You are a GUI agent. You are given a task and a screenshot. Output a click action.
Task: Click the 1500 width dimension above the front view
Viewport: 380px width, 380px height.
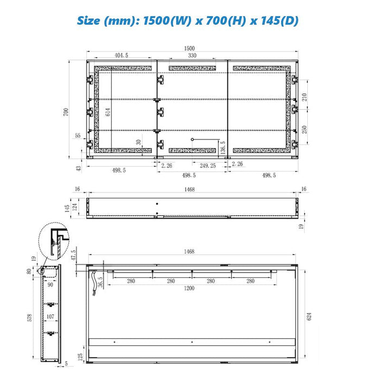point(189,48)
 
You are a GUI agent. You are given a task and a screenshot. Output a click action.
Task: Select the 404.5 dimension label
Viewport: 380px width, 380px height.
point(121,55)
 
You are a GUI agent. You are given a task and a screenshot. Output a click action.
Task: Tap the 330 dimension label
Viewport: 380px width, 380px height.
point(192,55)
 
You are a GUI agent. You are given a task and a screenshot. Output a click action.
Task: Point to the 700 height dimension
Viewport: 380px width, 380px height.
point(66,112)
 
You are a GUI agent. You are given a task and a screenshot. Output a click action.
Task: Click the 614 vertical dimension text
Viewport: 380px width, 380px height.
point(108,112)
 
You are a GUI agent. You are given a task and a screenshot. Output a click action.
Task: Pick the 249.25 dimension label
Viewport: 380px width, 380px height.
point(208,166)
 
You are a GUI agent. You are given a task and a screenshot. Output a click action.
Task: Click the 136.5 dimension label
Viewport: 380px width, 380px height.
point(223,148)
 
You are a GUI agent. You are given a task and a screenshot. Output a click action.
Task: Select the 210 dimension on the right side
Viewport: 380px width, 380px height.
point(305,97)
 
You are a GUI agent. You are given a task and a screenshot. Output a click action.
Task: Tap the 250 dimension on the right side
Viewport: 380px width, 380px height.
point(305,130)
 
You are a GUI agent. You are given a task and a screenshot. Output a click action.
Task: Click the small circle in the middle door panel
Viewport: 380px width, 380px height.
point(192,140)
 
